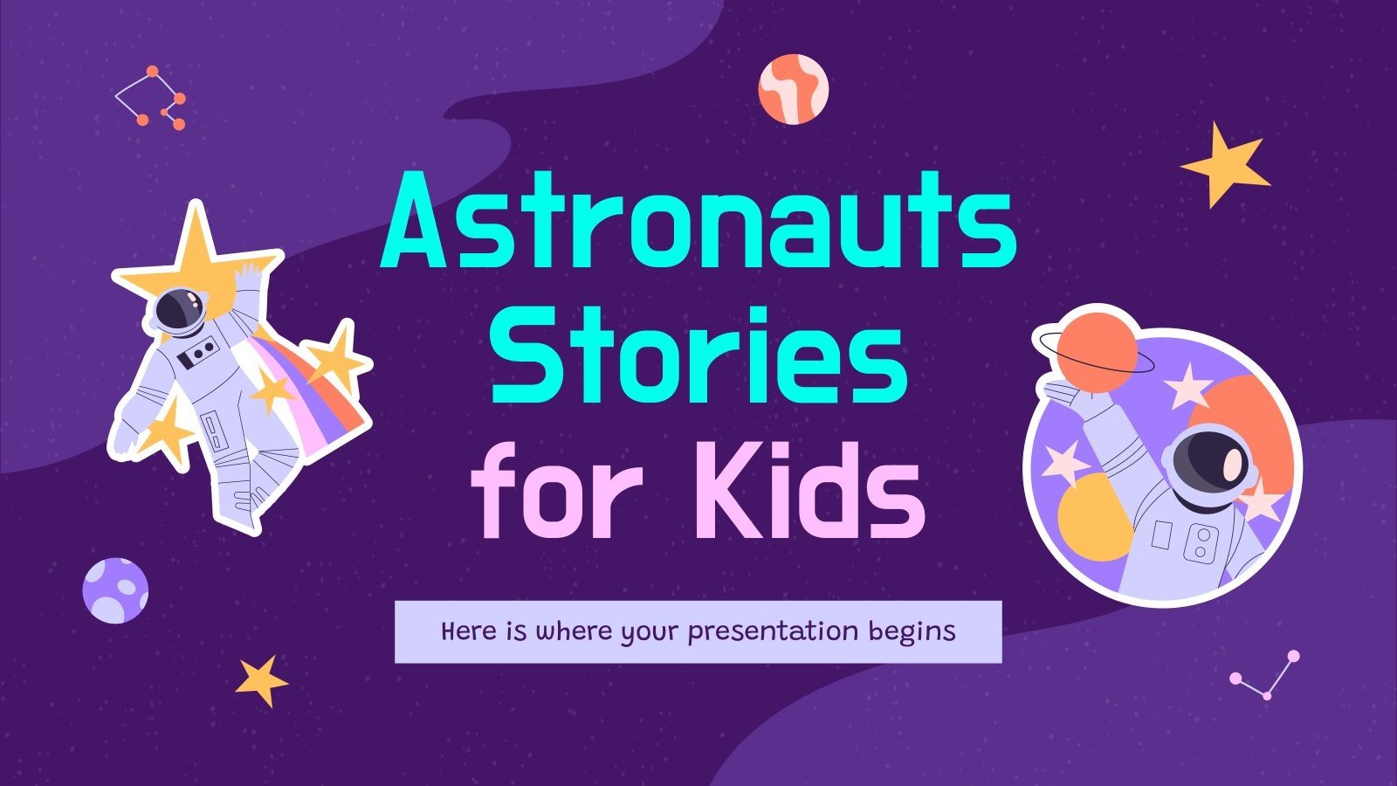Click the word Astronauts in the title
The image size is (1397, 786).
698,218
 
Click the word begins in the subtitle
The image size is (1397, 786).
912,631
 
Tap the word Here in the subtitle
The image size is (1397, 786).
468,631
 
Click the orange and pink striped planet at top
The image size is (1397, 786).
793,88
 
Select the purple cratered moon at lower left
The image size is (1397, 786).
115,590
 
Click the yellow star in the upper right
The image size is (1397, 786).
1222,163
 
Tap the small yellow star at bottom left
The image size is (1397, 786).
260,679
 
